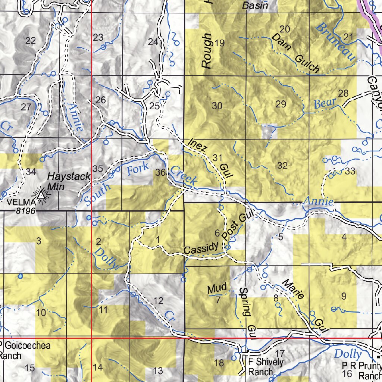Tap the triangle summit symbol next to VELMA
pos(41,194)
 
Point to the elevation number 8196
pos(26,211)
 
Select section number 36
pos(161,172)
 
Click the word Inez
pos(197,145)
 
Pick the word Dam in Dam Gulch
pos(278,41)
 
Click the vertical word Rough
pos(206,51)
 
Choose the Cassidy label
pos(201,248)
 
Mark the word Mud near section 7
pos(217,288)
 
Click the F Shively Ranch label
pos(266,367)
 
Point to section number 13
pos(158,371)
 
